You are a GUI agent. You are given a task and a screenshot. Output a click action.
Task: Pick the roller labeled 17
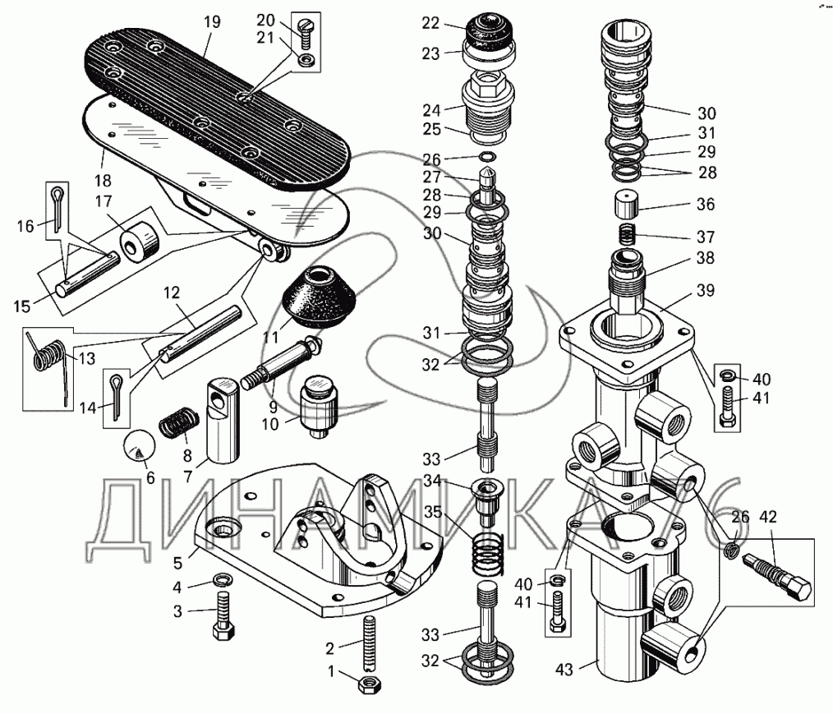(x=140, y=241)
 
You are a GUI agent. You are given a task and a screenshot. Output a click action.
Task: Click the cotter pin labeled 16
(x=58, y=207)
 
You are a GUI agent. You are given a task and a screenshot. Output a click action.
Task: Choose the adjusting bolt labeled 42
(x=777, y=575)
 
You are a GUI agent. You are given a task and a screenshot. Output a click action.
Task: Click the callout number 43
(x=564, y=670)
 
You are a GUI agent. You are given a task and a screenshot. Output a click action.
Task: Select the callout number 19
(x=212, y=22)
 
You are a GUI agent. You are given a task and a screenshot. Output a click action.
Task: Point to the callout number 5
(x=177, y=563)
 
